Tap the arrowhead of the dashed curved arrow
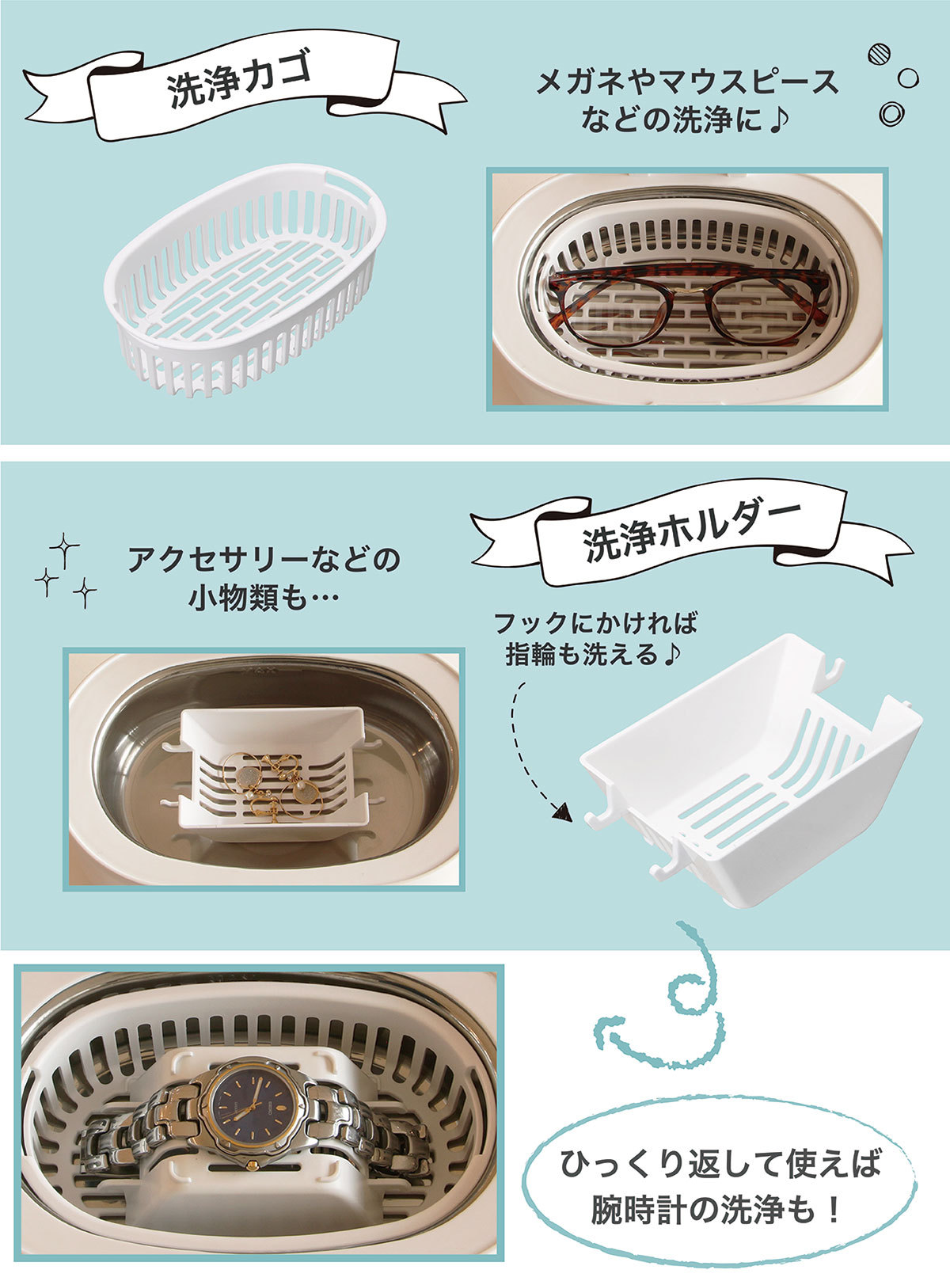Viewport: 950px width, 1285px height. pyautogui.click(x=562, y=811)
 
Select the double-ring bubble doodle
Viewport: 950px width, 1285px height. pyautogui.click(x=891, y=113)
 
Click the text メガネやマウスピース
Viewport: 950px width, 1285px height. pyautogui.click(x=688, y=81)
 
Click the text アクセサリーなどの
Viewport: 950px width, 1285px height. pyautogui.click(x=264, y=559)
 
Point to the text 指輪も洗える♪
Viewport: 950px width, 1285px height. pyautogui.click(x=593, y=655)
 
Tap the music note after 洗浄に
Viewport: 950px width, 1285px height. pyautogui.click(x=780, y=120)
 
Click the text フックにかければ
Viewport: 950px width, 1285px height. pyautogui.click(x=595, y=623)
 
